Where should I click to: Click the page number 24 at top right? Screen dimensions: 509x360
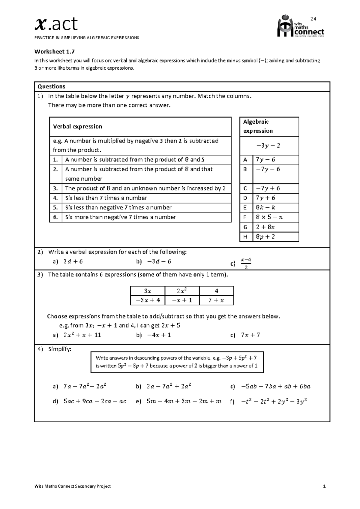(313, 19)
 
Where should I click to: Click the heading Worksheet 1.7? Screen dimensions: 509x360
(54, 51)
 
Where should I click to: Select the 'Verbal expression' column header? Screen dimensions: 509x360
(78, 127)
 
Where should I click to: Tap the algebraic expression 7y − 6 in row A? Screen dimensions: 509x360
(265, 160)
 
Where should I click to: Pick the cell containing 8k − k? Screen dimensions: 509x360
(265, 208)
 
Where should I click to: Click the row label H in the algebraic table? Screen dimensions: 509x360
(245, 237)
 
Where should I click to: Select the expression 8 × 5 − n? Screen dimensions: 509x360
(269, 217)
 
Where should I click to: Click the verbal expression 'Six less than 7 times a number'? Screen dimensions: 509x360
(106, 198)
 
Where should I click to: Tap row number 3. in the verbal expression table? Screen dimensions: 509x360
(55, 188)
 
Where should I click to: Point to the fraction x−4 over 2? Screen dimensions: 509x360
(246, 263)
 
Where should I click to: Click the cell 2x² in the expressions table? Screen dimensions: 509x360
(182, 291)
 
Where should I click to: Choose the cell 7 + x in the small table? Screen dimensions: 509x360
(216, 300)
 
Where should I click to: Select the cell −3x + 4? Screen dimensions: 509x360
(148, 300)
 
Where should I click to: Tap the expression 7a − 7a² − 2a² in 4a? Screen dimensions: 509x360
(85, 387)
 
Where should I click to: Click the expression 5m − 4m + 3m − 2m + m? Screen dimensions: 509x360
(184, 402)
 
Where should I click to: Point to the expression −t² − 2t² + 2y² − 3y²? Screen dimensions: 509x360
(274, 402)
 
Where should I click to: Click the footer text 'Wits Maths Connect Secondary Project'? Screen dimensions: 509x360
(73, 486)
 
